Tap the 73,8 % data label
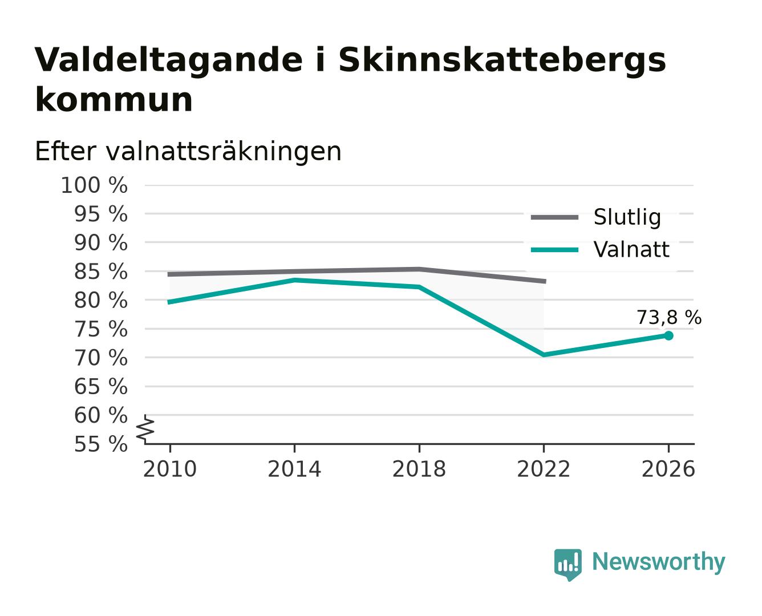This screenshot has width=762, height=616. coord(669,318)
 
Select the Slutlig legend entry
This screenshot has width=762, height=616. coord(596,217)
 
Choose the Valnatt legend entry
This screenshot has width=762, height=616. coord(600,249)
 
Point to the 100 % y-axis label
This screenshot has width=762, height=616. coord(95,186)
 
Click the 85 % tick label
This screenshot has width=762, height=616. coord(101,271)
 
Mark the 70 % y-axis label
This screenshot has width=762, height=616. coord(101,358)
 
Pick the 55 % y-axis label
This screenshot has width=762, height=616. coord(101,444)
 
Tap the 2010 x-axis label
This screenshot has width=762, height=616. coord(170,469)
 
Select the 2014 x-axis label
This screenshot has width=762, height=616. coord(294,469)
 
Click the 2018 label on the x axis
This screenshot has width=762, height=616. coord(419,469)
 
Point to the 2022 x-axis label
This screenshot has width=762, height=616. coord(544,469)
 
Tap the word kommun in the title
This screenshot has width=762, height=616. coord(114,100)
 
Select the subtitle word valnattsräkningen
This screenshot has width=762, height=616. coord(224,152)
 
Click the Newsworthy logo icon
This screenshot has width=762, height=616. coord(568,565)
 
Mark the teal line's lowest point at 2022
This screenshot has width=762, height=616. coord(544,355)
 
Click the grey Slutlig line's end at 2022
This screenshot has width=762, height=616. coord(545,282)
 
